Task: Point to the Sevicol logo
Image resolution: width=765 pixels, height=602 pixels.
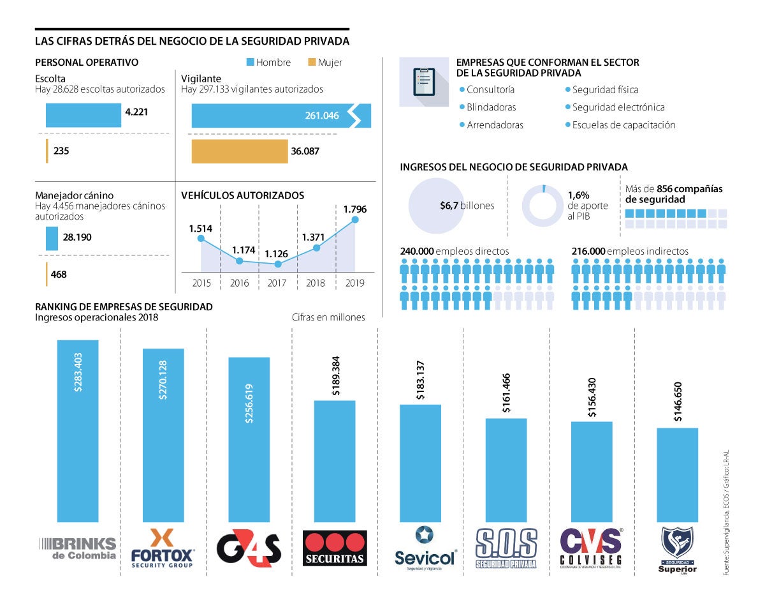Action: [425, 547]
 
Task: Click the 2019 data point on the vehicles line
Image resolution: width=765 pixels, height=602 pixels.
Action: [355, 220]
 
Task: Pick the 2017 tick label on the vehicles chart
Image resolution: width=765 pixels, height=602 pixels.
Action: [277, 283]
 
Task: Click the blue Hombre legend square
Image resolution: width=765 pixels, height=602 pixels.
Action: [251, 63]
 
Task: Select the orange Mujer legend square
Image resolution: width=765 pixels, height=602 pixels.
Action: [312, 63]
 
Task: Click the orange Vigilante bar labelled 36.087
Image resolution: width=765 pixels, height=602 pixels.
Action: [240, 151]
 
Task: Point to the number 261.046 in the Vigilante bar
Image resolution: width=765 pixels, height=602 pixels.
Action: [322, 116]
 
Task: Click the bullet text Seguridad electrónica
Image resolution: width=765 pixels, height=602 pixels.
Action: [618, 107]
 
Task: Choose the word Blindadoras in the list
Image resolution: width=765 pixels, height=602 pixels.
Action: [492, 107]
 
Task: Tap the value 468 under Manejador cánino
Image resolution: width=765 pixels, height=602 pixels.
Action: [59, 275]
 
